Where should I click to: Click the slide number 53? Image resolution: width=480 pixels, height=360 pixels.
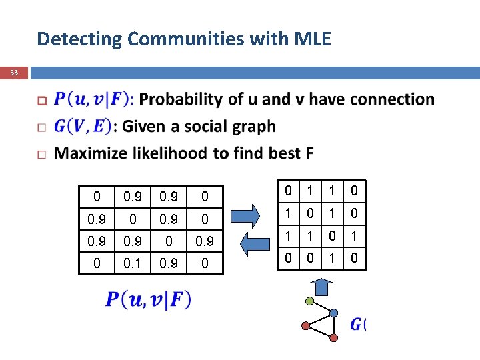[14, 72]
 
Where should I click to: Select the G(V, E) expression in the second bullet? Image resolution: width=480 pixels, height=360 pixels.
[83, 126]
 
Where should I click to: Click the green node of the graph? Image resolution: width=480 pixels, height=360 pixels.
[309, 301]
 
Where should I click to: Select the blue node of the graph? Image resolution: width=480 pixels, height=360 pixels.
[334, 313]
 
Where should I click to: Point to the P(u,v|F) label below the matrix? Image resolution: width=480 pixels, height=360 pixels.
[148, 301]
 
